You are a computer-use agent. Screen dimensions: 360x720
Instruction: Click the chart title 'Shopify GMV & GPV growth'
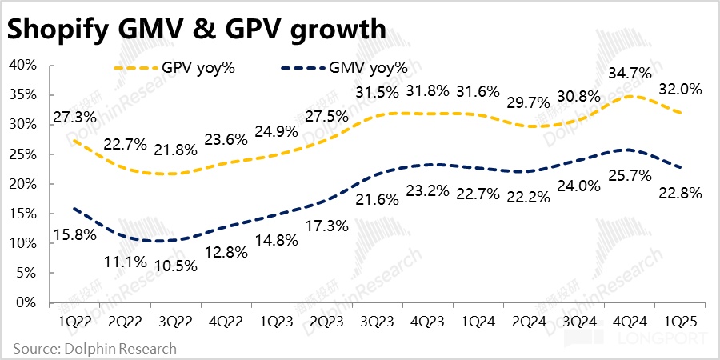coord(197,29)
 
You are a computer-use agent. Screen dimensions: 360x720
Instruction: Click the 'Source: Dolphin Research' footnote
coord(94,348)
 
